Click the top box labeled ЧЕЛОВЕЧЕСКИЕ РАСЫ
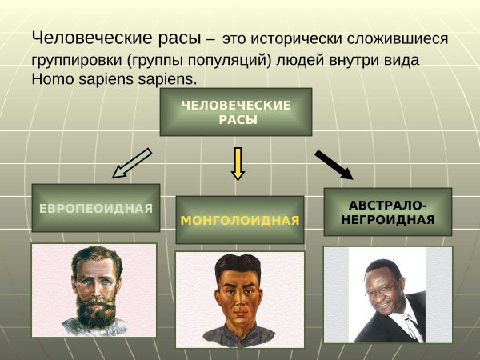[x=236, y=112]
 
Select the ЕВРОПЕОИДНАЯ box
[x=95, y=209]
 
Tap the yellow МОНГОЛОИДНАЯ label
[x=240, y=220]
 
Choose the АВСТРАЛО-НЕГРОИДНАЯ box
[x=387, y=211]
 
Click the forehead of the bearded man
[x=91, y=259]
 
